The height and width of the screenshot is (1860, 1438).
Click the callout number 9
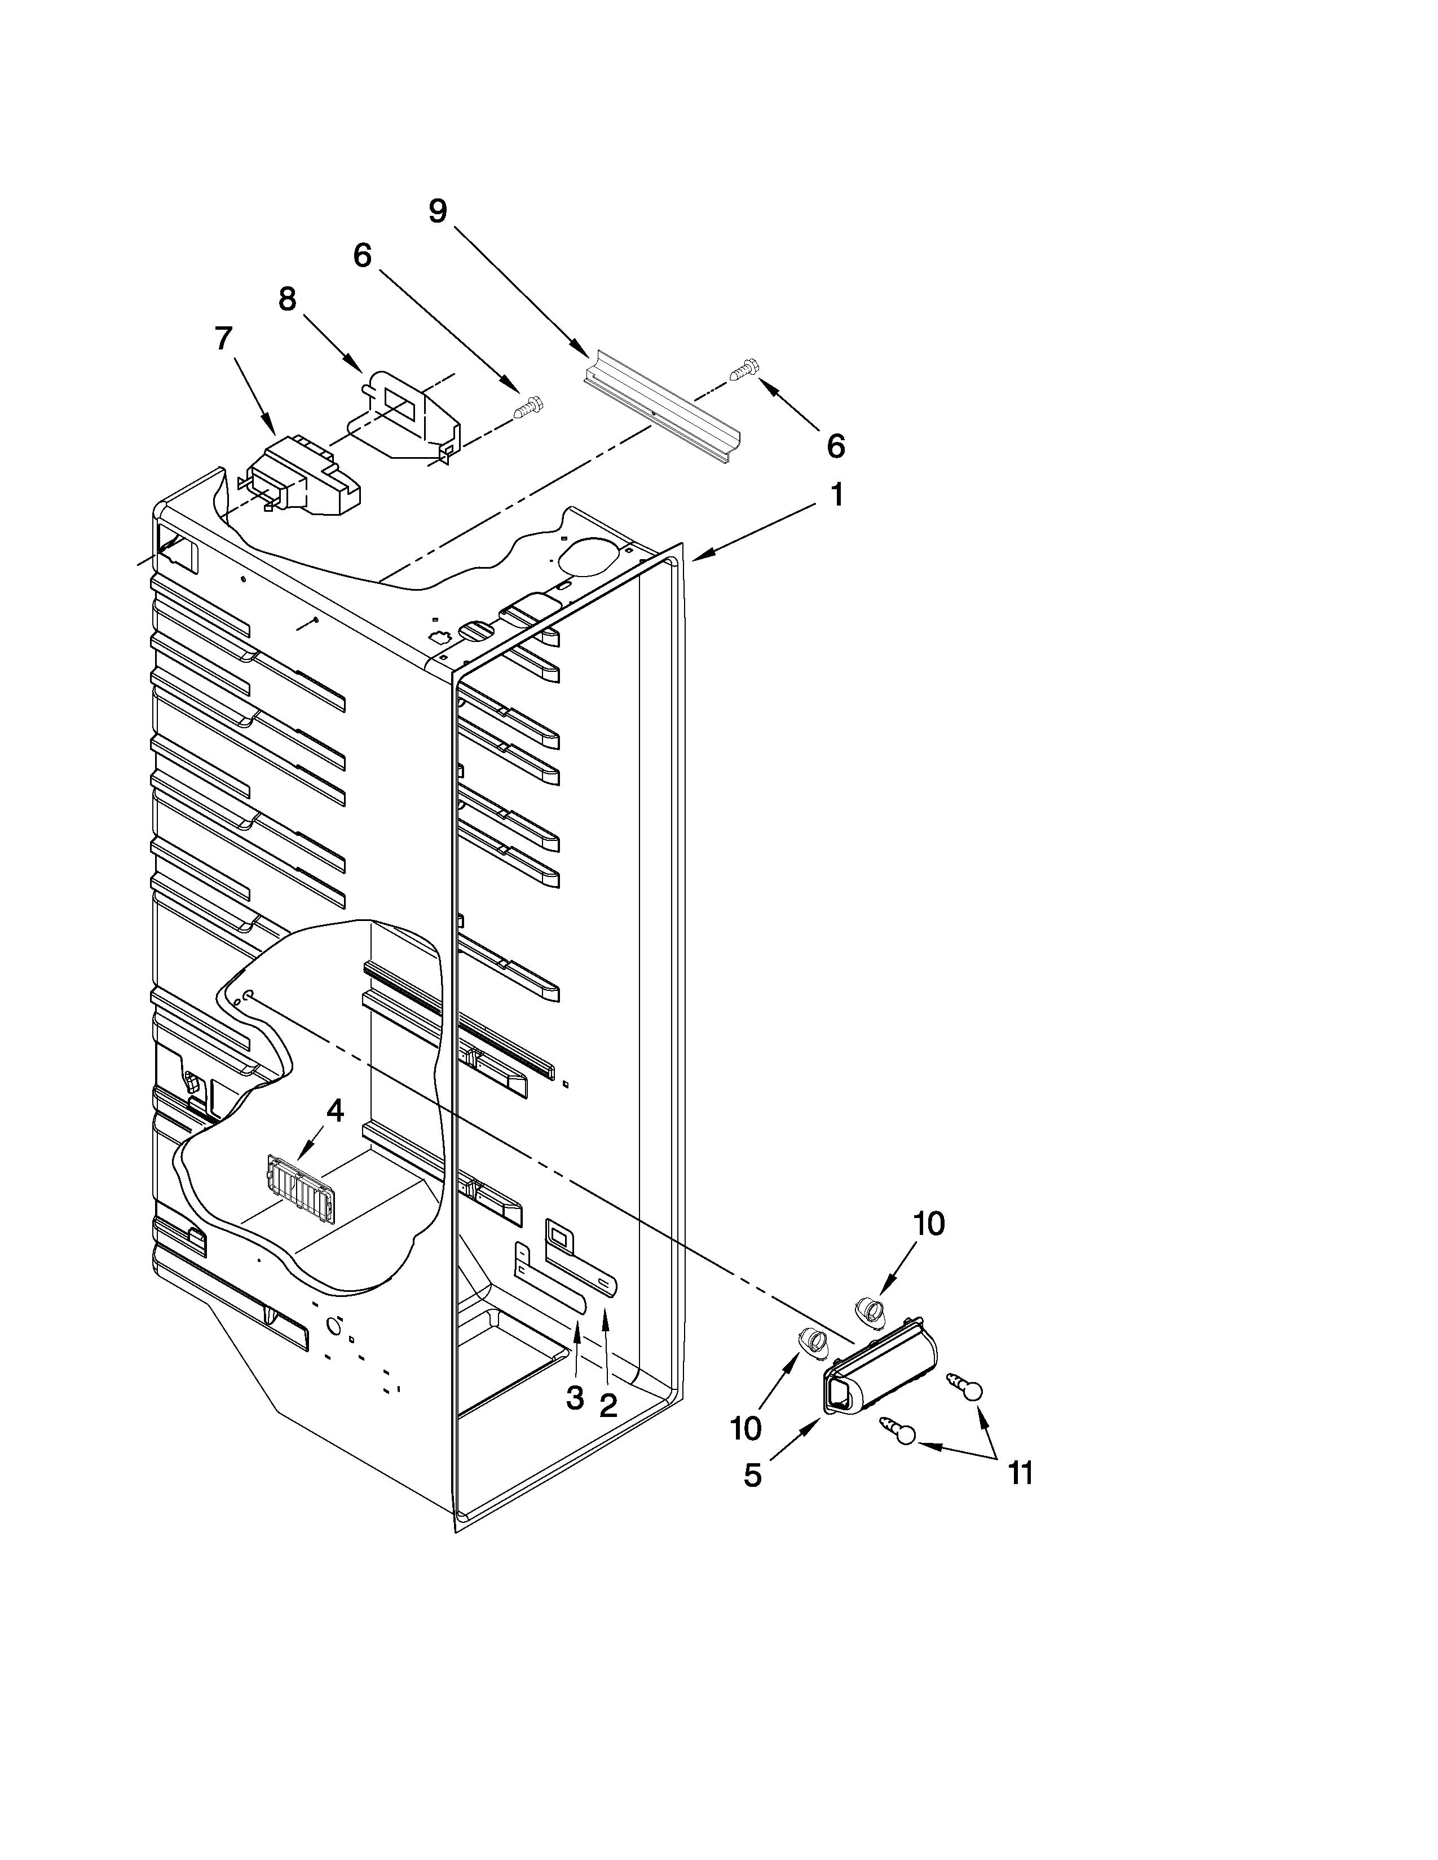(437, 211)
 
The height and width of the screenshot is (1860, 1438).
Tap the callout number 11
(1020, 1472)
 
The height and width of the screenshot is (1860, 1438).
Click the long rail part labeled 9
(662, 405)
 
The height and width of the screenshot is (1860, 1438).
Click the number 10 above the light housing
(929, 1224)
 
